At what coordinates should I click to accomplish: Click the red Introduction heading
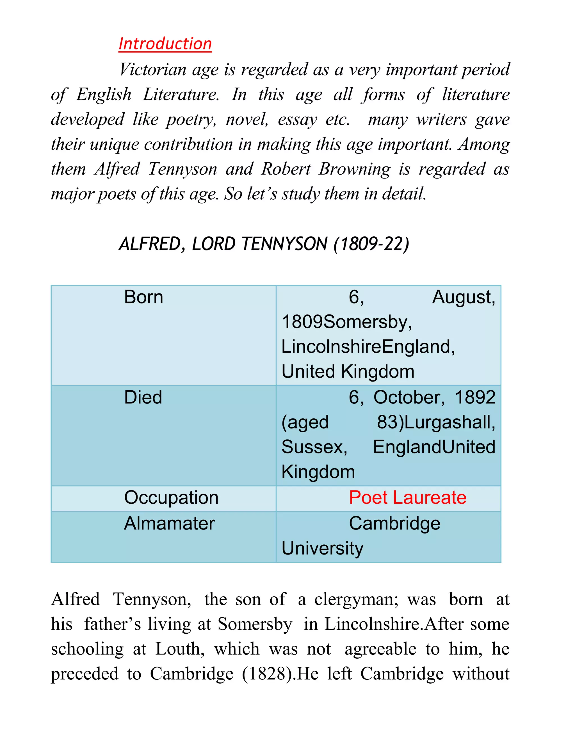165,44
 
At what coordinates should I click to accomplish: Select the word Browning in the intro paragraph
354,169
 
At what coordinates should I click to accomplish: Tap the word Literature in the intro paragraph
181,94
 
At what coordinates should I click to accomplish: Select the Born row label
143,297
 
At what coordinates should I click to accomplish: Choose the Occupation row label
171,497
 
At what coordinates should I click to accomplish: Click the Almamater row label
169,523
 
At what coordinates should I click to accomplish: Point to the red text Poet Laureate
407,497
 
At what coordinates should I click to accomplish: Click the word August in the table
463,297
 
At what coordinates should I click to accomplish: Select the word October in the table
409,397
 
